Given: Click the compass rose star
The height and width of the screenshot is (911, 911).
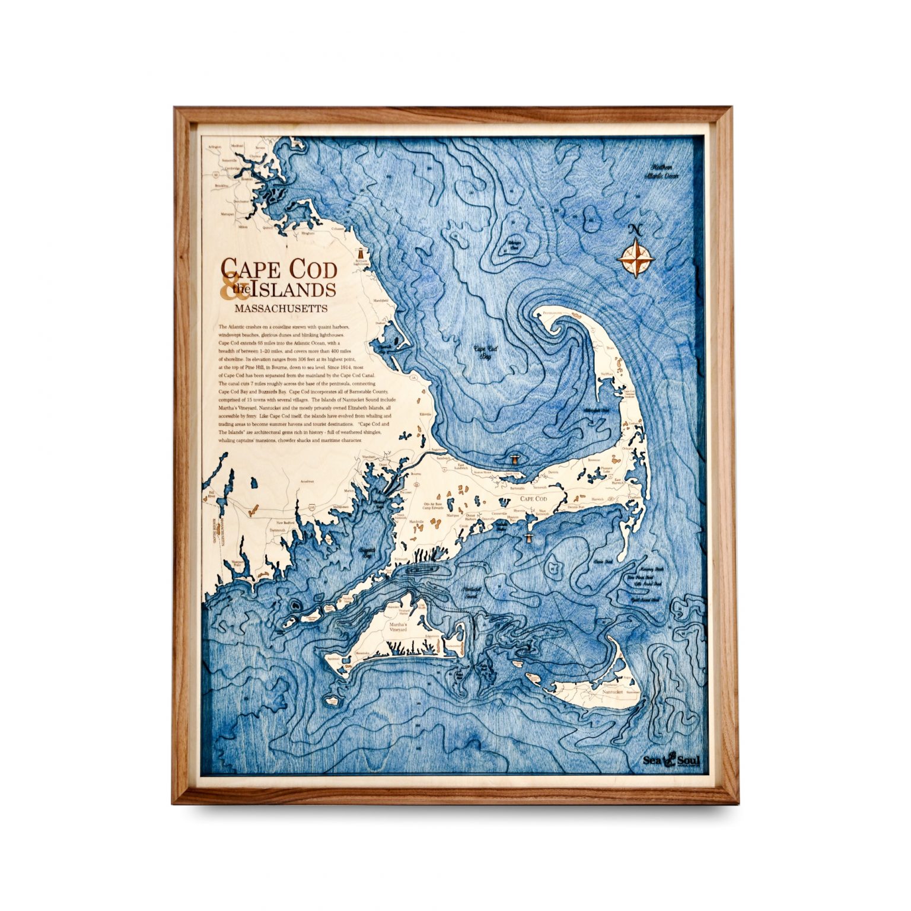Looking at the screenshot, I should pos(636,258).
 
